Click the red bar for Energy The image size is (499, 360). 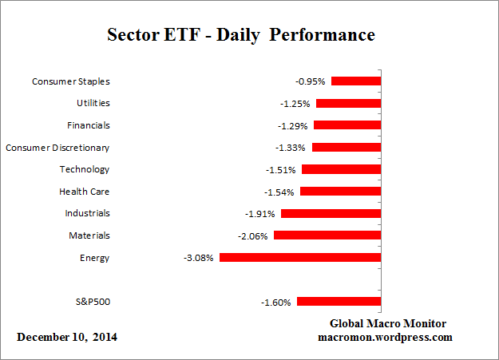click(x=300, y=258)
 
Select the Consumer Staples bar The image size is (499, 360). click(x=356, y=81)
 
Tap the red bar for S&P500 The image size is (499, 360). click(x=339, y=302)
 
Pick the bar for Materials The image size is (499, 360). click(x=327, y=235)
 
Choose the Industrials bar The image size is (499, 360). click(x=331, y=213)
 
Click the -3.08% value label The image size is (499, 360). click(x=198, y=258)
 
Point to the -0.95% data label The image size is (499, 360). click(x=310, y=81)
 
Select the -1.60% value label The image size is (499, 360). click(x=276, y=303)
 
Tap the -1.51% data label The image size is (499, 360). click(x=280, y=170)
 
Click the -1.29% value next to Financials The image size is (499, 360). click(x=292, y=125)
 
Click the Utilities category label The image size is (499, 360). click(x=94, y=103)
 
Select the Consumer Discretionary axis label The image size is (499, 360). click(x=57, y=148)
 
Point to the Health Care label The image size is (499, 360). click(x=85, y=192)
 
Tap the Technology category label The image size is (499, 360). click(x=85, y=169)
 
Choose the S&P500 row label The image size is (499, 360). click(x=91, y=302)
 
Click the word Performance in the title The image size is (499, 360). click(x=326, y=36)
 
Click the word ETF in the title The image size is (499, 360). click(x=173, y=36)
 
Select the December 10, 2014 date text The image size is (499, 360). click(x=67, y=337)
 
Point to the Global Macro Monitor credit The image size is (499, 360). click(x=388, y=323)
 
